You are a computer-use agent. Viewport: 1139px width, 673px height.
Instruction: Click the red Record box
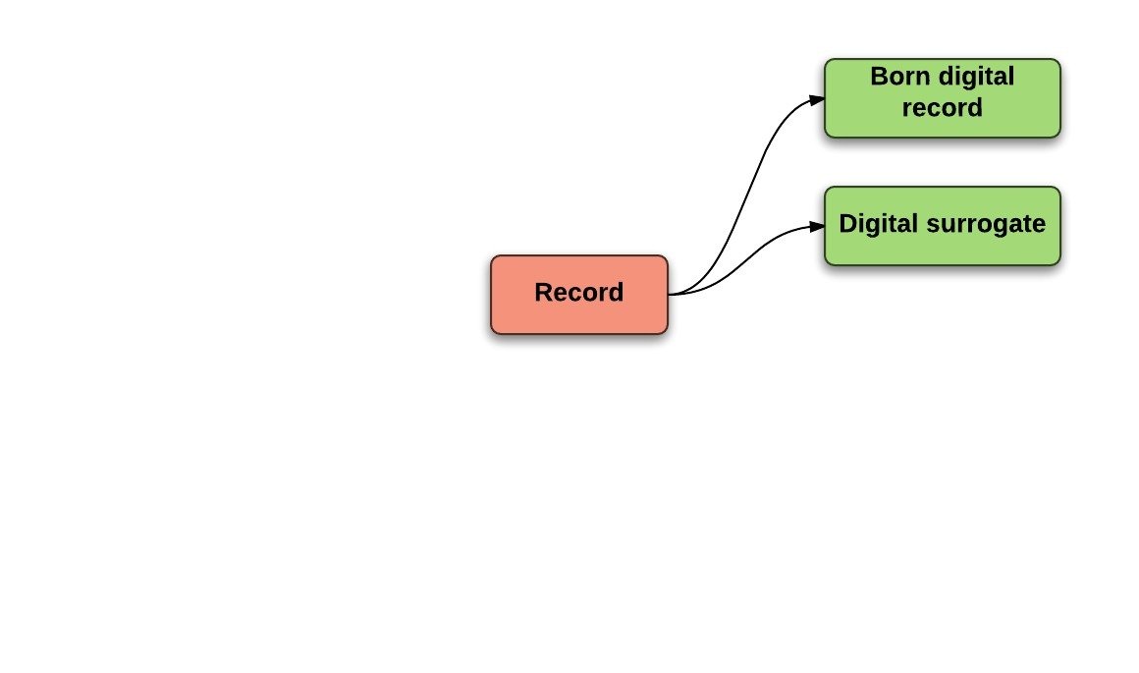click(x=579, y=295)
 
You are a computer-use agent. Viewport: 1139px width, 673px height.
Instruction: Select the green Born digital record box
click(x=942, y=98)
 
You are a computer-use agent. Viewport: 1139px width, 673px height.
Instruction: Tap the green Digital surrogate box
click(x=942, y=226)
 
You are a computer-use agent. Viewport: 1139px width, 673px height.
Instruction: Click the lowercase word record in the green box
click(x=942, y=107)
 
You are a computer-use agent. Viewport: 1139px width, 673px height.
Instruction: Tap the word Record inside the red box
click(x=579, y=293)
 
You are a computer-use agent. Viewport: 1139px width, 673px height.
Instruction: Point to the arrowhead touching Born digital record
click(x=817, y=99)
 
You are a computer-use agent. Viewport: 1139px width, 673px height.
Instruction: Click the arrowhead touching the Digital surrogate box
click(x=817, y=226)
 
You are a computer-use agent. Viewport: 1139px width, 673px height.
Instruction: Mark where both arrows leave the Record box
click(x=670, y=294)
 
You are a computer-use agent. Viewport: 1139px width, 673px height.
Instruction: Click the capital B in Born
click(x=878, y=77)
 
